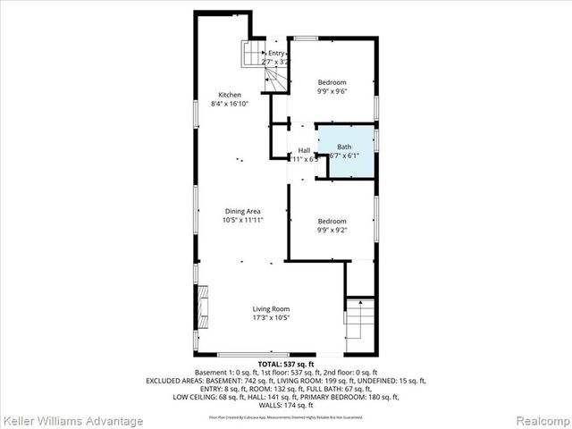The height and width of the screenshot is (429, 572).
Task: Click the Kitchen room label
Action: point(230,95)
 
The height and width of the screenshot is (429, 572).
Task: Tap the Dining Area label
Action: point(243,210)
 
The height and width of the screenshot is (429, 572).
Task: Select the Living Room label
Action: point(270,308)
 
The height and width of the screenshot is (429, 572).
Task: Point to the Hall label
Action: point(304,150)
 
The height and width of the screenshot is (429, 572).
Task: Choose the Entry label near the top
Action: point(276,54)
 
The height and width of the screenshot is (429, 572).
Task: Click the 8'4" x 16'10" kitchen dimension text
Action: point(230,104)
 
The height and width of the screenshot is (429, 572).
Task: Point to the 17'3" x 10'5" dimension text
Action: point(270,317)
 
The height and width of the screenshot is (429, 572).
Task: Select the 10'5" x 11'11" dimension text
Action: point(243,219)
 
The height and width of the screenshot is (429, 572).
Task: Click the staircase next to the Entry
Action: point(251,55)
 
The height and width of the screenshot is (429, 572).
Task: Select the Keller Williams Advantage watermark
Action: point(73,420)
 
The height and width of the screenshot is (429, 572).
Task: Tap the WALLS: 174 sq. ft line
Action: point(286,405)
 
